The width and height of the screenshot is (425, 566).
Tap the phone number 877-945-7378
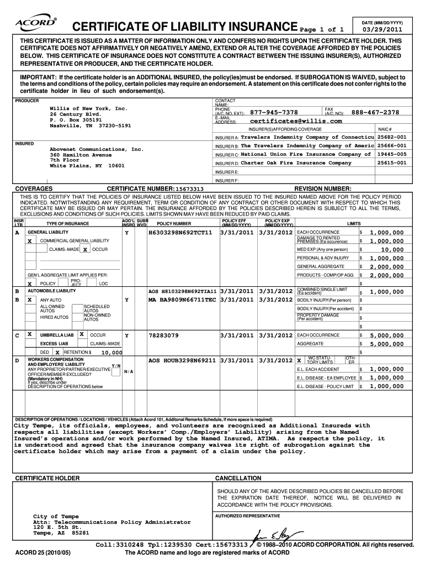click(x=274, y=112)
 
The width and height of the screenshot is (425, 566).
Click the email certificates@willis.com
click(x=296, y=121)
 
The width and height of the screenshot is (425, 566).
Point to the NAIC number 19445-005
click(x=391, y=154)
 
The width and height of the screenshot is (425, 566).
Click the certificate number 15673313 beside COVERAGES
click(x=190, y=189)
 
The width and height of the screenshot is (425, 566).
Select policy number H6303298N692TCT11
click(x=180, y=233)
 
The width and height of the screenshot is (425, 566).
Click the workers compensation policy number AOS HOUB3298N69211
click(x=182, y=360)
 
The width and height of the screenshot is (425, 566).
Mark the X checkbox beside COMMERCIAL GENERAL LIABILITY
click(x=29, y=241)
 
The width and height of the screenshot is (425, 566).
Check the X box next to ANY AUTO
click(x=29, y=300)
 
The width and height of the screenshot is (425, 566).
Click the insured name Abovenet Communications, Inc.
click(x=97, y=149)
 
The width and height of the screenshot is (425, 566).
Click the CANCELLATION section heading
click(x=238, y=478)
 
